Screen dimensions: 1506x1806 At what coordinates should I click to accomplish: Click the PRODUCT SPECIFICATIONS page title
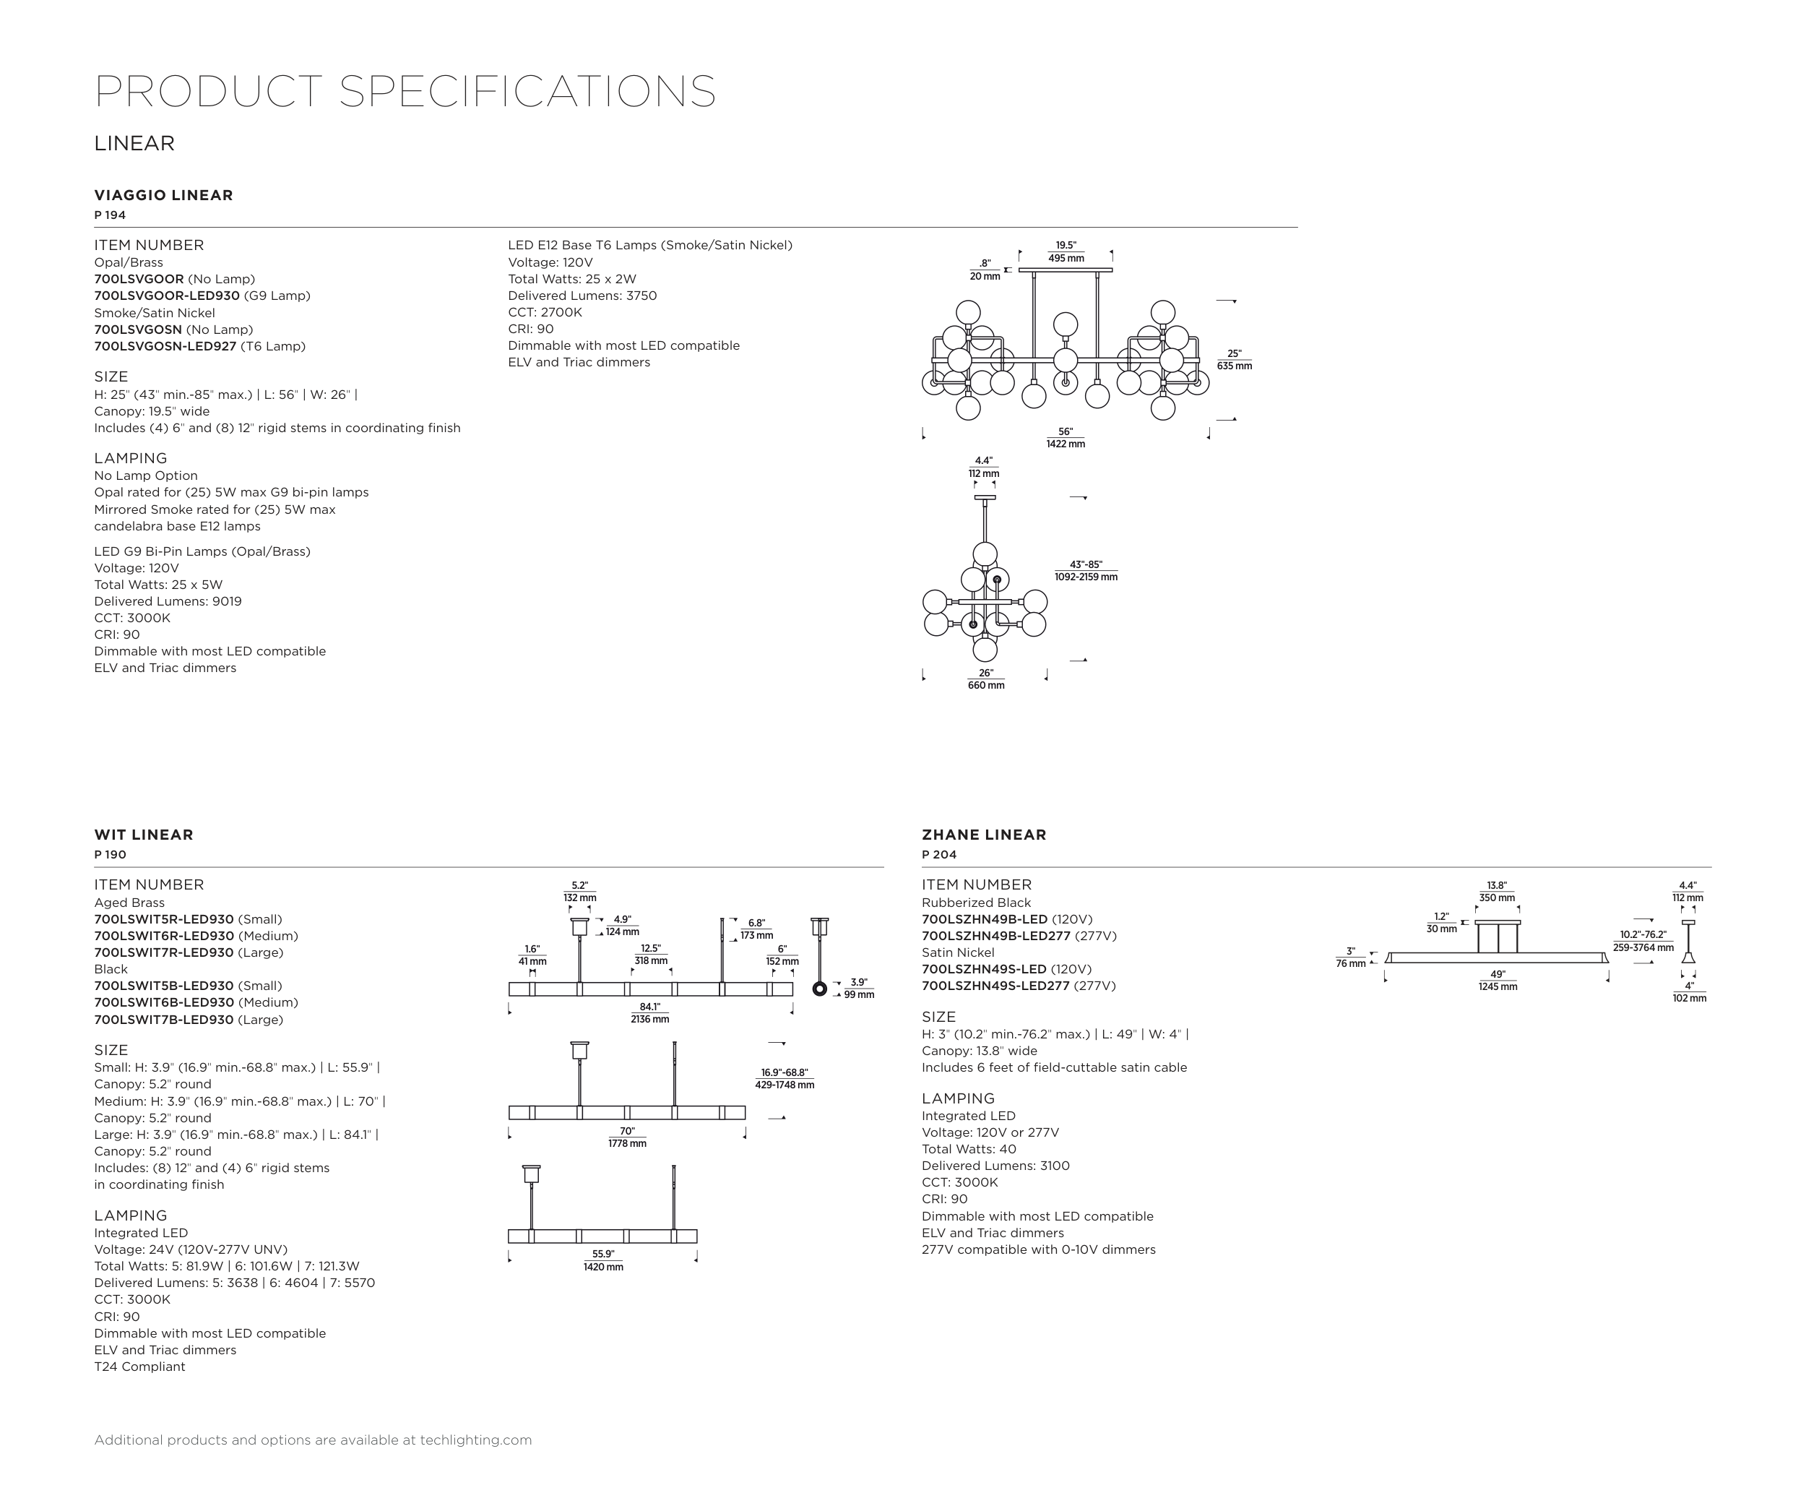405,91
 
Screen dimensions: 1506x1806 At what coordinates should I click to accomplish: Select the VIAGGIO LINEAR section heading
163,195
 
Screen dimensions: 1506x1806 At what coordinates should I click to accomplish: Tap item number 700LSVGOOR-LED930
167,296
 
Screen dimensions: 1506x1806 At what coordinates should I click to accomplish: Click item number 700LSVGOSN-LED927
165,347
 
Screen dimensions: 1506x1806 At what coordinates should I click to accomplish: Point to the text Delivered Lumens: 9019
168,601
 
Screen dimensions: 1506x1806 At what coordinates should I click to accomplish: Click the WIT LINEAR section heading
144,834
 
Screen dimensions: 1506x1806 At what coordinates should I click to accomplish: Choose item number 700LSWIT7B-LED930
163,1020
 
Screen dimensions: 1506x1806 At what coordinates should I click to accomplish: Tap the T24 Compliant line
139,1367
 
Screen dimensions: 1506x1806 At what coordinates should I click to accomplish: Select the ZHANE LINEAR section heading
984,834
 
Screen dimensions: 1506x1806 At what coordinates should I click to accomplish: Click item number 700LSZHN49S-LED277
995,986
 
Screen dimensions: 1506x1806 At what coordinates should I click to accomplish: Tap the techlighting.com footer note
313,1440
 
